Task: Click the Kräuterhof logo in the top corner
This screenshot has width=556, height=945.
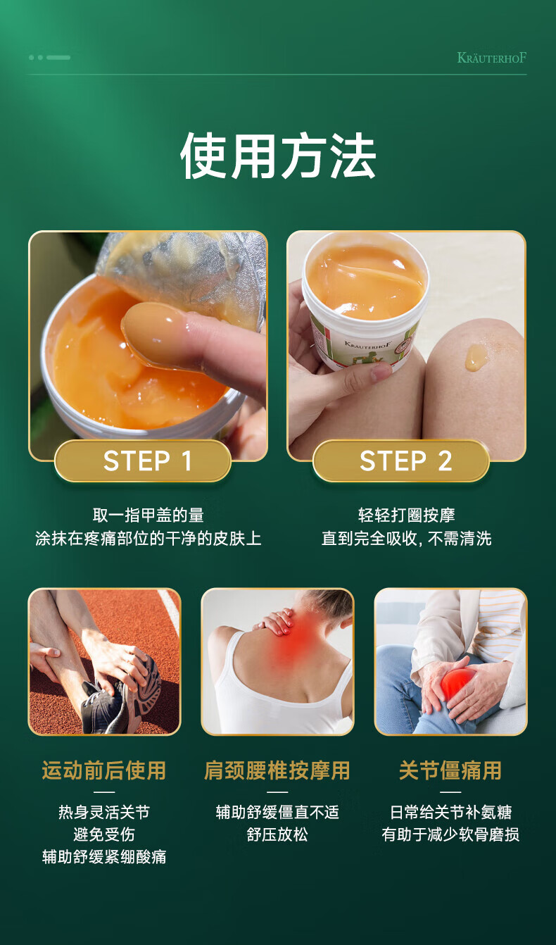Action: (x=491, y=57)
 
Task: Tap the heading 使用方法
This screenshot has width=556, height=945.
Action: (x=278, y=156)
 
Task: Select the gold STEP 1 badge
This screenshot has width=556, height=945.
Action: (x=143, y=461)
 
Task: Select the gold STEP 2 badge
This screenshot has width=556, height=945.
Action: (x=401, y=461)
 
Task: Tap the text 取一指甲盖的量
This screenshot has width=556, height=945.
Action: (x=149, y=515)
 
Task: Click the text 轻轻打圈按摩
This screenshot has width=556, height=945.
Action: (x=407, y=515)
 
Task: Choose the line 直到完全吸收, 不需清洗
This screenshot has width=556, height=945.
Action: (x=406, y=539)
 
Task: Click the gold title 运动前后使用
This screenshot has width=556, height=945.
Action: (x=103, y=770)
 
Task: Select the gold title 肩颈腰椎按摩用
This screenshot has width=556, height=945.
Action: (x=277, y=770)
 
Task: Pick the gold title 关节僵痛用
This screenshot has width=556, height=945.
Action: (x=450, y=770)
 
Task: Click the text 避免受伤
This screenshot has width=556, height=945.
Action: (x=103, y=834)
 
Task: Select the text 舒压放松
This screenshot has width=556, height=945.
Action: (x=277, y=834)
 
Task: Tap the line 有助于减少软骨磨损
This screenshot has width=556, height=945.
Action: (x=450, y=834)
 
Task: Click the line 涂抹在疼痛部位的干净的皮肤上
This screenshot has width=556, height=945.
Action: (x=149, y=539)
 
